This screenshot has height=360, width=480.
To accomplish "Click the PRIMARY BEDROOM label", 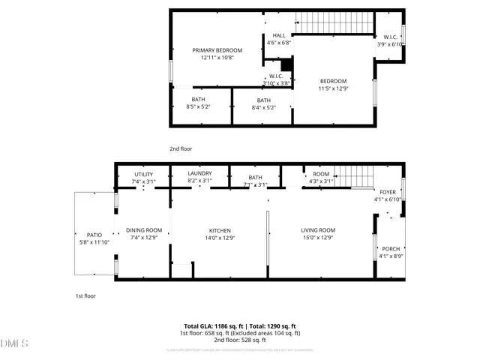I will pyautogui.click(x=217, y=50).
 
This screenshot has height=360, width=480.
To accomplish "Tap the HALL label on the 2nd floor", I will pyautogui.click(x=279, y=35).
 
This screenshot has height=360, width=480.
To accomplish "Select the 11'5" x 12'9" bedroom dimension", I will pyautogui.click(x=333, y=88).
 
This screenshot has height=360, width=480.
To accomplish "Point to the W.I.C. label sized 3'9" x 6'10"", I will pyautogui.click(x=390, y=37).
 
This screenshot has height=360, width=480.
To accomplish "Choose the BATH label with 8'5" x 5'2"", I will pyautogui.click(x=198, y=100).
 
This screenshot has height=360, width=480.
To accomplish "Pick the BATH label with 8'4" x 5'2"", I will pyautogui.click(x=264, y=100).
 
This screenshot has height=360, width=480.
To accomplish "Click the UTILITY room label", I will pyautogui.click(x=143, y=174).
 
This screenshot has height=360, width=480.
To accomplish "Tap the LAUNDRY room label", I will pyautogui.click(x=199, y=174).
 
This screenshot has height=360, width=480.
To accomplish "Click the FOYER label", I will pyautogui.click(x=388, y=192).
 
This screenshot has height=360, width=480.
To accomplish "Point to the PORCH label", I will pyautogui.click(x=391, y=249).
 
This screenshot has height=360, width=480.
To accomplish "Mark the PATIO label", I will pyautogui.click(x=94, y=235).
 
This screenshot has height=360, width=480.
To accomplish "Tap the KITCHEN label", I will pyautogui.click(x=220, y=230).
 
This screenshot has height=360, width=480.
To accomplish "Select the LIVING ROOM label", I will pyautogui.click(x=318, y=230).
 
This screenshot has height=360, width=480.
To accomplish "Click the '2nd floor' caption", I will pyautogui.click(x=180, y=148).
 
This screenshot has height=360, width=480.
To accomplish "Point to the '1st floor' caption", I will pyautogui.click(x=85, y=295).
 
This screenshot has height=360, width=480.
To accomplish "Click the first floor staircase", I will pyautogui.click(x=352, y=177).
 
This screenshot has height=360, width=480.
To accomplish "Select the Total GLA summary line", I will pyautogui.click(x=239, y=327).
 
